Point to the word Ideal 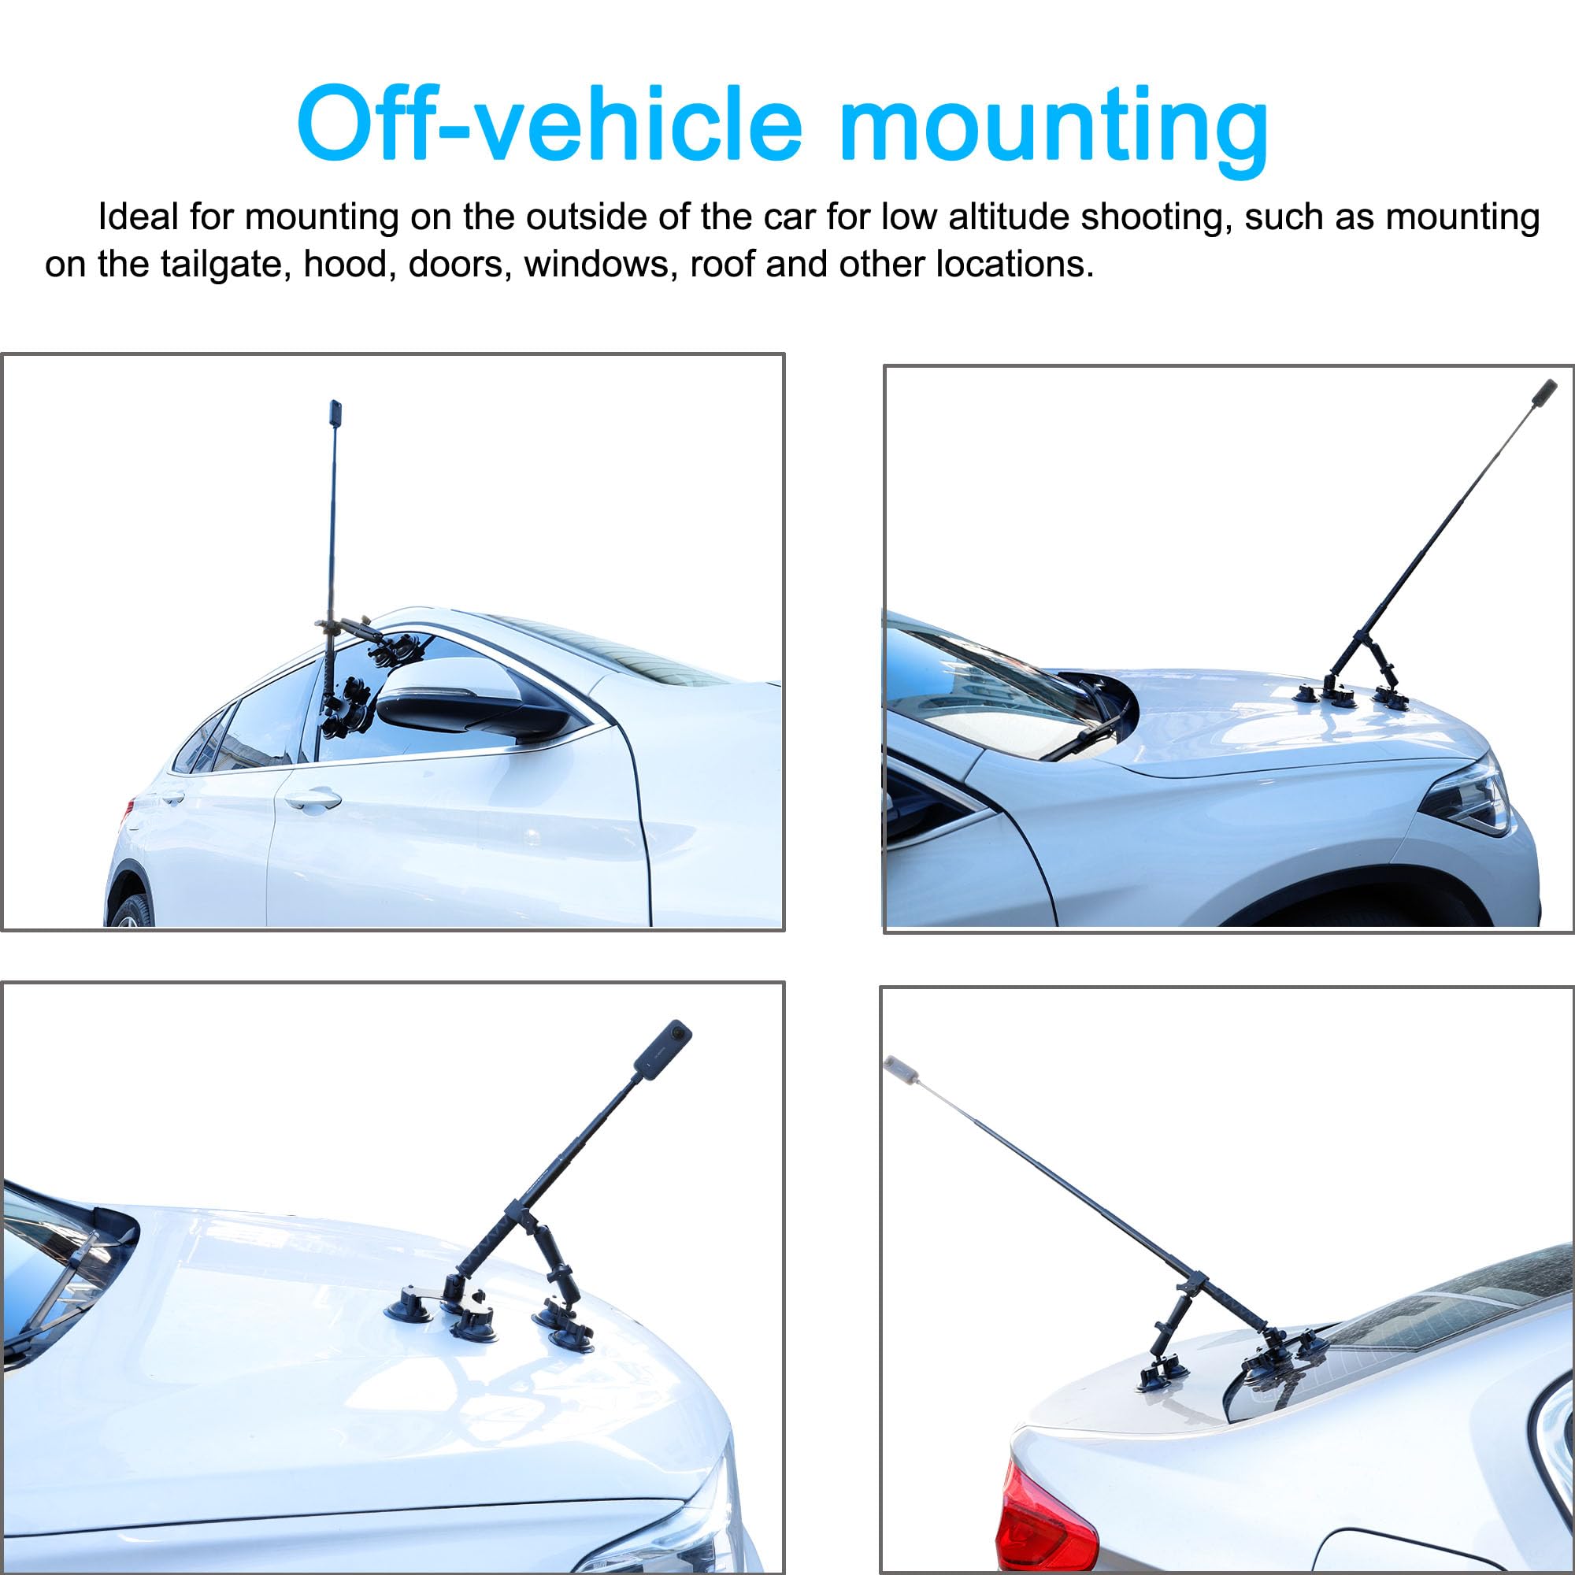click(138, 217)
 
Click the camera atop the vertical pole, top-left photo click(335, 413)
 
